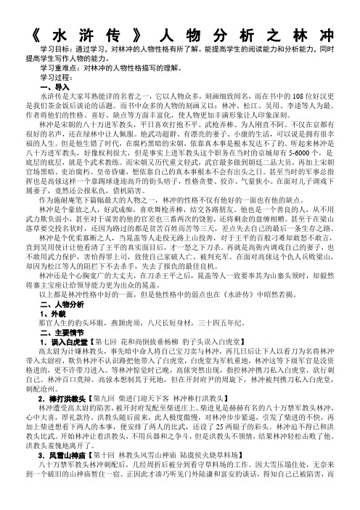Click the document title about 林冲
pyautogui.click(x=180, y=36)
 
